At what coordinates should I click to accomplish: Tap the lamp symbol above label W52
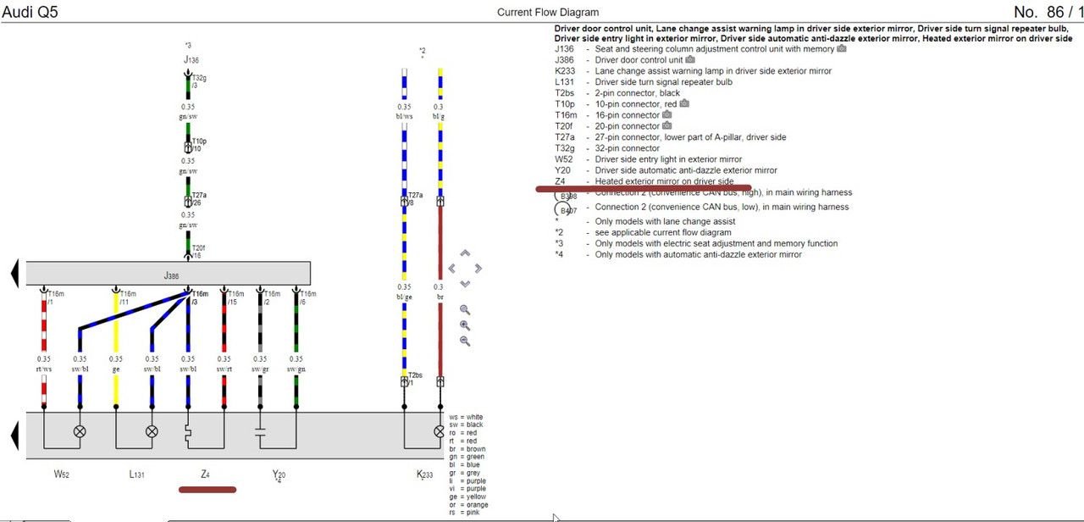pyautogui.click(x=80, y=430)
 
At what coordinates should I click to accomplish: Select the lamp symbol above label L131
pyautogui.click(x=152, y=430)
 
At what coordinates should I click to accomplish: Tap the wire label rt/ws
pyautogui.click(x=44, y=369)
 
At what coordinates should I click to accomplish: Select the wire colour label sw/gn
pyautogui.click(x=296, y=369)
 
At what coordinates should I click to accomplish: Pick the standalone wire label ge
pyautogui.click(x=116, y=369)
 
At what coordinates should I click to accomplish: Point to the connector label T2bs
pyautogui.click(x=415, y=375)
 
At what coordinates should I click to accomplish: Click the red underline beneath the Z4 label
pyautogui.click(x=207, y=489)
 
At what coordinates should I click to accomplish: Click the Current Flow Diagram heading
pyautogui.click(x=547, y=12)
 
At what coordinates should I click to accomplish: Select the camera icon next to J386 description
pyautogui.click(x=690, y=60)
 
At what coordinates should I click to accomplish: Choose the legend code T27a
pyautogui.click(x=564, y=137)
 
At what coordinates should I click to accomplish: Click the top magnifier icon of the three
pyautogui.click(x=465, y=310)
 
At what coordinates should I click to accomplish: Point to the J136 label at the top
pyautogui.click(x=191, y=60)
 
